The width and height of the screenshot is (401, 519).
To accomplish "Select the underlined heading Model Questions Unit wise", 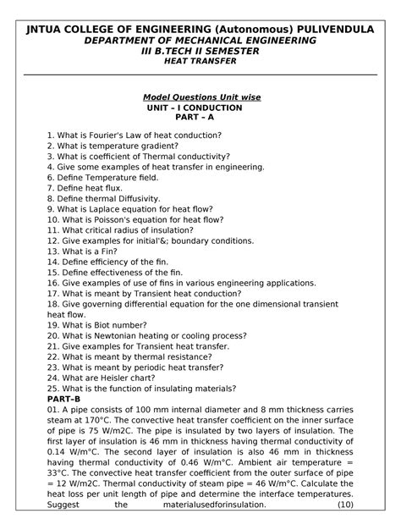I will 201,98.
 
